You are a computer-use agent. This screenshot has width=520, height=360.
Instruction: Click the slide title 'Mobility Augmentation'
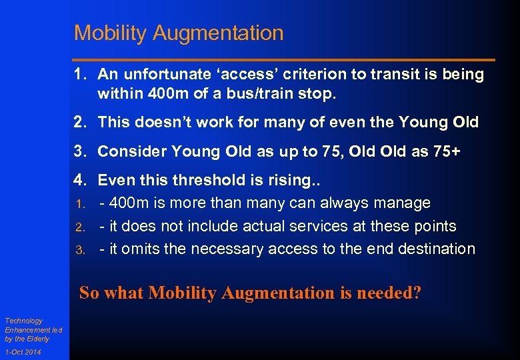[179, 33]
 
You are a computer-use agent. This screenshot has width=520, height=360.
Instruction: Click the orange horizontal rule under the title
[284, 60]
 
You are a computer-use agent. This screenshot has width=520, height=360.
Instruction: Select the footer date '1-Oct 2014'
[23, 352]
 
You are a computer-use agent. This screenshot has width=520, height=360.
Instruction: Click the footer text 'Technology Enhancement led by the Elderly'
[27, 329]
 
